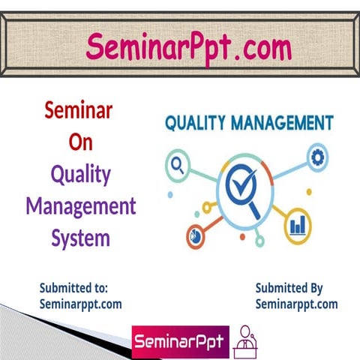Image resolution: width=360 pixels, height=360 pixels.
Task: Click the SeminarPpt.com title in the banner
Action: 188,47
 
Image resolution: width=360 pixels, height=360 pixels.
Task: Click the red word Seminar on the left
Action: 79,111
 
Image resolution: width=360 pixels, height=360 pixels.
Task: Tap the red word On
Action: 79,142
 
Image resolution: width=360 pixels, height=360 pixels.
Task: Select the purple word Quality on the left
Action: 80,175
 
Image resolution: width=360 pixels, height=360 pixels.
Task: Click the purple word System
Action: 81,238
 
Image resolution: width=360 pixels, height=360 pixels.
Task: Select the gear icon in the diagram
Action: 317,157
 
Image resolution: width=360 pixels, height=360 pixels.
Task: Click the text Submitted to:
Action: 74,288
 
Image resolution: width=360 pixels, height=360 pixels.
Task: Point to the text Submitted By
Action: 289,288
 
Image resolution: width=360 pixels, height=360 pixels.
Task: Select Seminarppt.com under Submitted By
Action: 296,304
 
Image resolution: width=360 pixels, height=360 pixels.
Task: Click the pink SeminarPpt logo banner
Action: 177,342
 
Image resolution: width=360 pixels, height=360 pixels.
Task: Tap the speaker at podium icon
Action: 244,342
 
